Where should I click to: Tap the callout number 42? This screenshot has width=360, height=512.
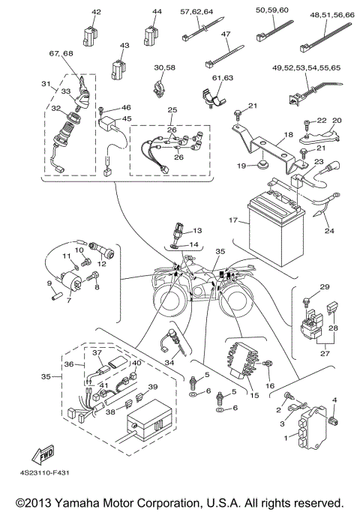(x=95, y=12)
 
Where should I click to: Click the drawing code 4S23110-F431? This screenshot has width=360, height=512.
(x=46, y=474)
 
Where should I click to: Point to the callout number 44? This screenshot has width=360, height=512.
(x=157, y=12)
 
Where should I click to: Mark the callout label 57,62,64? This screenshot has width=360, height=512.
(x=196, y=12)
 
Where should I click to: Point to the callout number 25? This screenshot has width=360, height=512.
(x=172, y=110)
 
